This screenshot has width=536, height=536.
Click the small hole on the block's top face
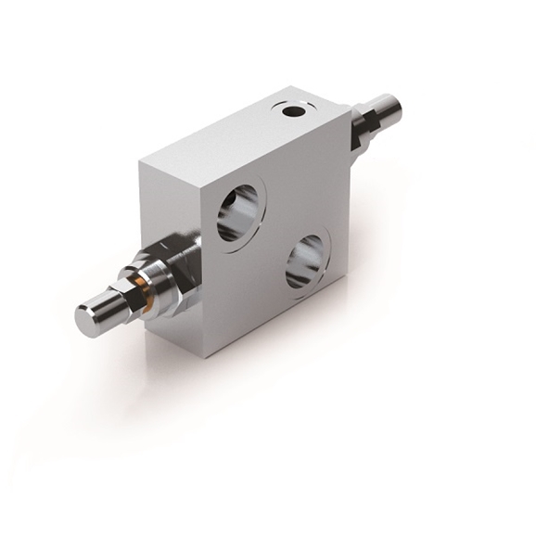[295, 111]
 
